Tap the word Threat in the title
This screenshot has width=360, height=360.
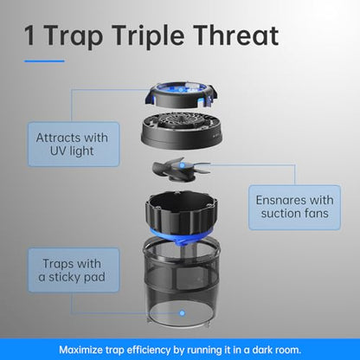(236, 35)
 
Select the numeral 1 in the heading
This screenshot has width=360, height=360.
(30, 35)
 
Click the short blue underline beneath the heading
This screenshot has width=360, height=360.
(44, 61)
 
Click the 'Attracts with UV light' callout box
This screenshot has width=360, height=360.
(74, 144)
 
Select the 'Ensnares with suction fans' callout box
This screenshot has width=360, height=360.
(294, 208)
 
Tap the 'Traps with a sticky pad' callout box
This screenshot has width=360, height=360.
(74, 270)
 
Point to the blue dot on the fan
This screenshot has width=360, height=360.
(182, 165)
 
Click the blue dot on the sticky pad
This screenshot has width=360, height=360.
(182, 313)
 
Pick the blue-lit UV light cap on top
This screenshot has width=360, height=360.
(181, 95)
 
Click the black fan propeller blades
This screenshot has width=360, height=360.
(181, 170)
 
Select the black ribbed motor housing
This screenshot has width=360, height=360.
(182, 210)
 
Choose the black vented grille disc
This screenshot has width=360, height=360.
(182, 129)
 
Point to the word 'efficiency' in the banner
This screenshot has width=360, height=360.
(149, 350)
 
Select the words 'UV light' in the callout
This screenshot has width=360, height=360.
(72, 151)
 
